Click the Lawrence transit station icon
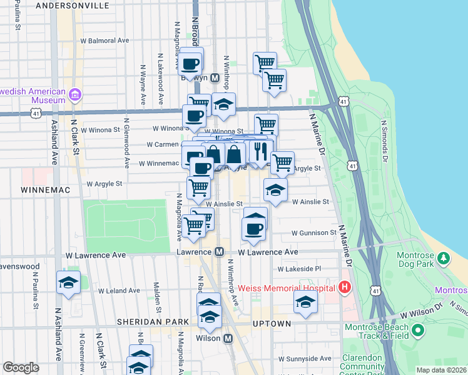(219, 252)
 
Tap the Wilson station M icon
(228, 338)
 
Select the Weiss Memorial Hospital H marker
(343, 288)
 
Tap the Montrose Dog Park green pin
(444, 258)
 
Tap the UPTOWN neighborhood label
(272, 324)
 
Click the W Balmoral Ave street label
(104, 41)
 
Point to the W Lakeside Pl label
(300, 269)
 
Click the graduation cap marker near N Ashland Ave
(68, 282)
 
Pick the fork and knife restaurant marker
(260, 151)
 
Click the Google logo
(21, 367)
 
